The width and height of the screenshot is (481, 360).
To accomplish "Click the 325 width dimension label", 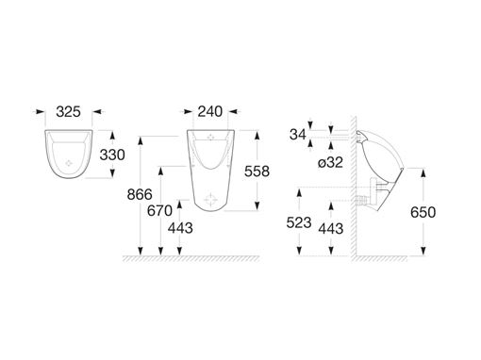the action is coord(68,112).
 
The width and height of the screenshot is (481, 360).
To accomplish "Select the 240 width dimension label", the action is coord(210,112).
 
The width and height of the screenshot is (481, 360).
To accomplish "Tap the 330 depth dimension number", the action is coord(112,155).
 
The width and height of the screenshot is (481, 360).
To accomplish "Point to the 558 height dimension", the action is coord(257,172).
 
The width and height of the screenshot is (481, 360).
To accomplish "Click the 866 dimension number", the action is coord(140,195).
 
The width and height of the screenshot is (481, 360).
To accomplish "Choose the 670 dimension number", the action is coord(159,211).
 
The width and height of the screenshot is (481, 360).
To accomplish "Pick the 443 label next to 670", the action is coord(180,228).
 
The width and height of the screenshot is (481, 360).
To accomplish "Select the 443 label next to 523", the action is coord(331,229).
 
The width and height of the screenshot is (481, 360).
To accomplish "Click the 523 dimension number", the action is coord(299,222).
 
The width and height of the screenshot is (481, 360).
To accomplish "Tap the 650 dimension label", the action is coord(423,213).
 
